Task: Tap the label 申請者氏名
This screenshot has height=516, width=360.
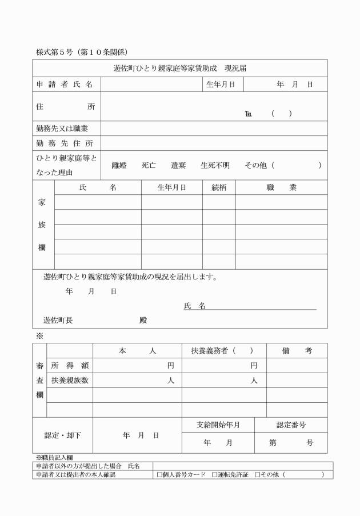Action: click(65, 85)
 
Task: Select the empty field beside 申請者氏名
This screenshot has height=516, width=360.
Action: click(151, 85)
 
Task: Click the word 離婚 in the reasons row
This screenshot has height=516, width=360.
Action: click(119, 166)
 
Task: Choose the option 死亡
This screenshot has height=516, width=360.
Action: click(149, 166)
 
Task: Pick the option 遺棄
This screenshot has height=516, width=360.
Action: click(178, 166)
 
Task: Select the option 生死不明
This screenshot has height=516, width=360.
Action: click(215, 166)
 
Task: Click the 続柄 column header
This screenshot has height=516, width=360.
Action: click(219, 187)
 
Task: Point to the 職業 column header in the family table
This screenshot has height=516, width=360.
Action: click(281, 187)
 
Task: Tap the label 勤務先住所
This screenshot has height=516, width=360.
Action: click(65, 143)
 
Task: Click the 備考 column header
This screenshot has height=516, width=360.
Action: click(297, 351)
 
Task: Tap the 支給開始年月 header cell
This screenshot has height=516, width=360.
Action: click(218, 425)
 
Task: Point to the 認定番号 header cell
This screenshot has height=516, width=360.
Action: click(291, 425)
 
